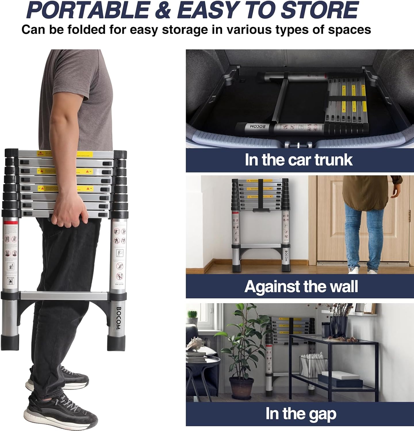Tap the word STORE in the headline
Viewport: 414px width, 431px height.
click(319, 10)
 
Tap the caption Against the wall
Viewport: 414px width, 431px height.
click(301, 286)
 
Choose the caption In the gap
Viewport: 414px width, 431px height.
click(301, 414)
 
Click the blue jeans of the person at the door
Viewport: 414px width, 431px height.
click(359, 230)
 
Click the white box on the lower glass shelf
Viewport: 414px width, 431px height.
click(345, 376)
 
